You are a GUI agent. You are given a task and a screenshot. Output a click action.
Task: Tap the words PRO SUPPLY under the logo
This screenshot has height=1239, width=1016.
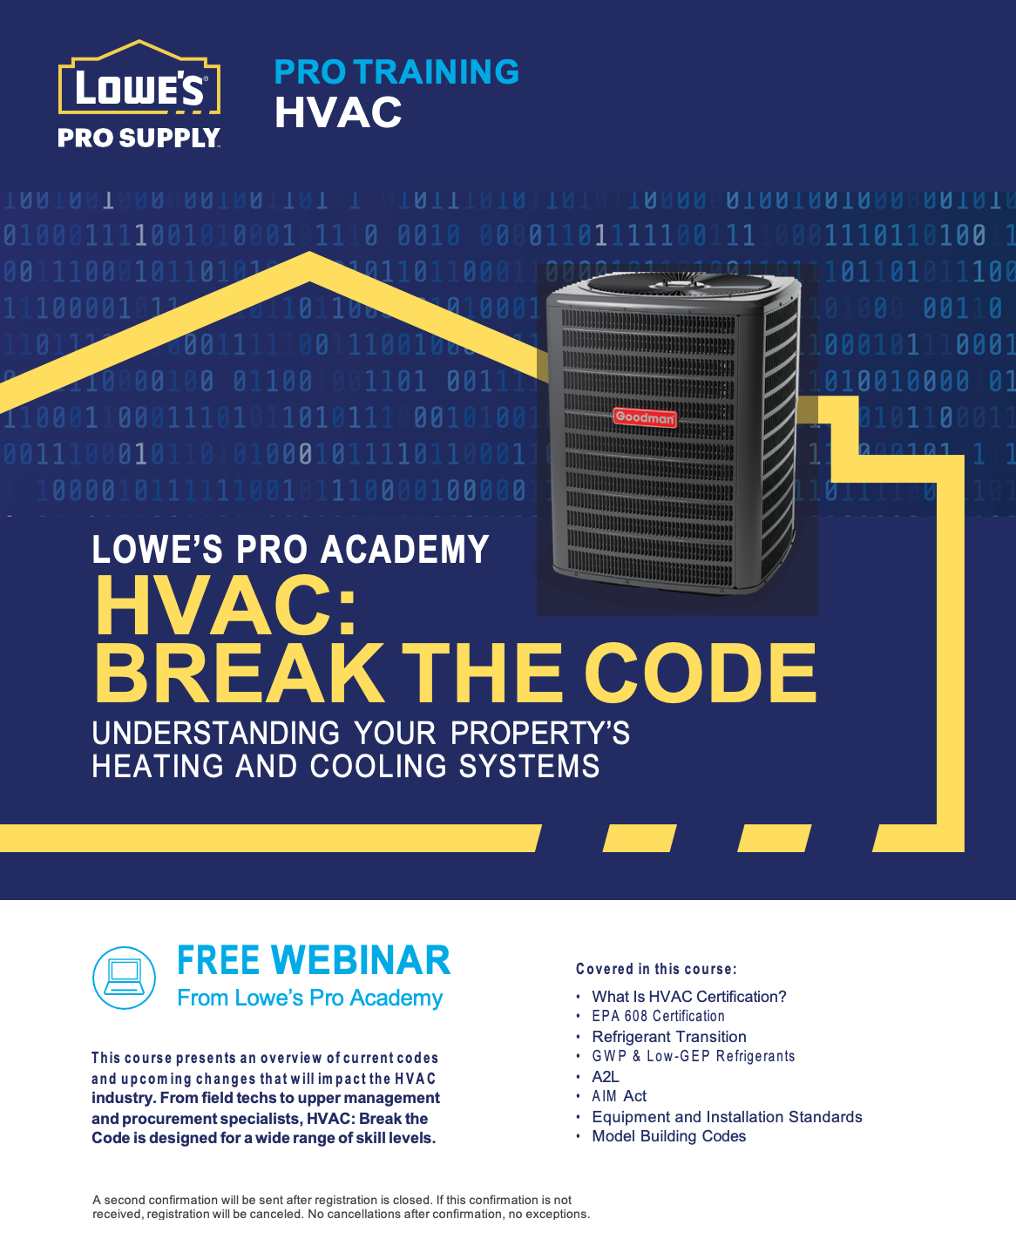click(x=139, y=138)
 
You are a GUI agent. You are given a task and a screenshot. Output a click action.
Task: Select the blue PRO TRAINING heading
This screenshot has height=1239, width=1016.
click(x=396, y=71)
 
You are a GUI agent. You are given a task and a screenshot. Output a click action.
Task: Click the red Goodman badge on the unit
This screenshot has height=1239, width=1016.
click(x=645, y=417)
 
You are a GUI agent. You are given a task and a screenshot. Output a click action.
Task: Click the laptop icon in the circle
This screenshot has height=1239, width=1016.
click(x=124, y=978)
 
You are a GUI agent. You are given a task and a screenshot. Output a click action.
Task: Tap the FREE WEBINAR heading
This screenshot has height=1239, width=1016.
click(x=314, y=961)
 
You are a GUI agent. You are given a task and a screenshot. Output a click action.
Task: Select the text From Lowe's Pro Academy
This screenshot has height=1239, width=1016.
click(x=309, y=999)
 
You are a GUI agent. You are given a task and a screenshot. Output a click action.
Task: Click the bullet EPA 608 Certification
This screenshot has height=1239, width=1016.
click(x=658, y=1016)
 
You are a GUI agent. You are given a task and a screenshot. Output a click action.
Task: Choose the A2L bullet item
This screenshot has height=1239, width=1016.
click(x=606, y=1076)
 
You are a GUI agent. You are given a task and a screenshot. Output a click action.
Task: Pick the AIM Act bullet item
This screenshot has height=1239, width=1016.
click(x=619, y=1095)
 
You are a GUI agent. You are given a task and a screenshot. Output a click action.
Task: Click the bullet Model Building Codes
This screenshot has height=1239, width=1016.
click(x=668, y=1135)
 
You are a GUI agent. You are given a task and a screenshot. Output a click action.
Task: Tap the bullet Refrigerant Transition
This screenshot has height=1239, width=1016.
click(x=668, y=1036)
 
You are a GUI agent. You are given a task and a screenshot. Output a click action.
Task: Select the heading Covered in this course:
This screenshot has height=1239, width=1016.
click(x=656, y=969)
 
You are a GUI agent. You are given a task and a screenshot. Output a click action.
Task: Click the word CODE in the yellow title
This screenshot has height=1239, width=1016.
click(x=701, y=673)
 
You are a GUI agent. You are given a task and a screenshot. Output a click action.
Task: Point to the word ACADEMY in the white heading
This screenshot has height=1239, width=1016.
click(x=405, y=549)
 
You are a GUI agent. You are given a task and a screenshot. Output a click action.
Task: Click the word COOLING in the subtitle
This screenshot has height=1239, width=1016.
click(x=378, y=766)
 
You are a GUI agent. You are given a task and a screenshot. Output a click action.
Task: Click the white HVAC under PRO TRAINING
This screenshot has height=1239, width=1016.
click(x=338, y=112)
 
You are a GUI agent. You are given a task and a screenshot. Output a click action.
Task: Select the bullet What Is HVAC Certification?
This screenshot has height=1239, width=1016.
click(x=688, y=997)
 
